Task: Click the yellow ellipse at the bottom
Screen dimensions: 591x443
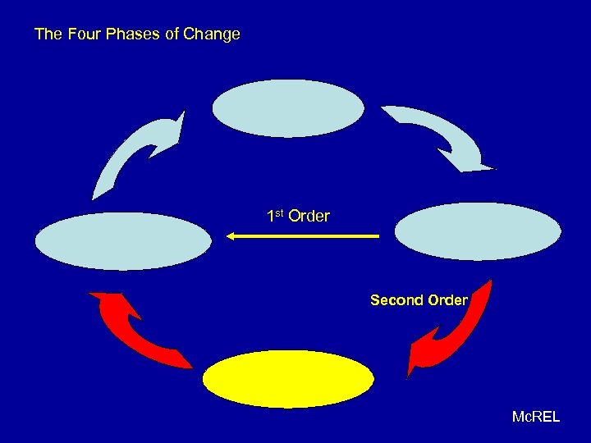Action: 288,379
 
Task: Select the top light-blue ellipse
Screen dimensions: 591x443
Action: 288,108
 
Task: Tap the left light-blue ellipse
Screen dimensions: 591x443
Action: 124,241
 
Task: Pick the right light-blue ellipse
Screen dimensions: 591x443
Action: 478,231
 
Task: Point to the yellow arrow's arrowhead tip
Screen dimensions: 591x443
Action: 227,236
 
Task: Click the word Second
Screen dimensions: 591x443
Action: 394,300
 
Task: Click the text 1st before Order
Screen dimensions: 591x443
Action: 275,217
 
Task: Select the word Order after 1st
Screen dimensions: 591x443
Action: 309,217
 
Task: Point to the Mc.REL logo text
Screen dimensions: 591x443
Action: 535,417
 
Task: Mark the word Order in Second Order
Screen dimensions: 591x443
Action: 447,300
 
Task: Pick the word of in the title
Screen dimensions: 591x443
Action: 170,34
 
